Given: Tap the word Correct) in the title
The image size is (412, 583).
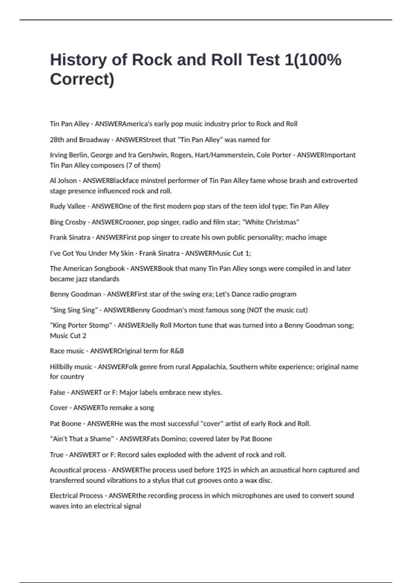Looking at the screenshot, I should point(82,79).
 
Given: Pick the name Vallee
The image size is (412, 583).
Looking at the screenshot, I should point(77,206).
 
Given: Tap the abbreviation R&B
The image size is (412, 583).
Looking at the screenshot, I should point(177,351).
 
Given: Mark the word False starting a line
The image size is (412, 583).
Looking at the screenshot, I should point(57,392).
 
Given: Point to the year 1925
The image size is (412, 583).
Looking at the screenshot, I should point(224,470).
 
